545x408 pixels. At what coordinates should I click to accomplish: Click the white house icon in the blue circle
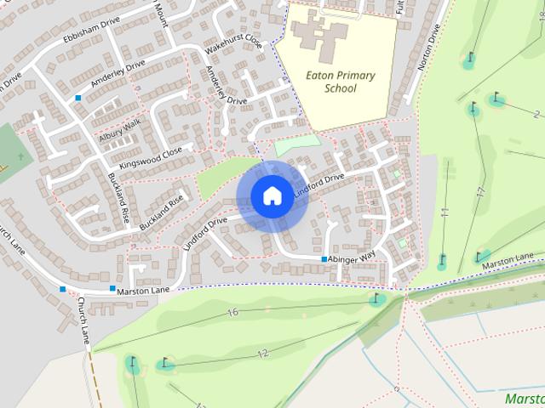tap(272, 195)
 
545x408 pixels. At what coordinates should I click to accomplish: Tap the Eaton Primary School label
tap(339, 82)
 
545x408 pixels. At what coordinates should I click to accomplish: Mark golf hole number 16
tap(232, 313)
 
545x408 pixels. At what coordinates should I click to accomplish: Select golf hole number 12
tap(262, 353)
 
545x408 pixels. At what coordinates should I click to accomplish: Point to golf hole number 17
tap(481, 193)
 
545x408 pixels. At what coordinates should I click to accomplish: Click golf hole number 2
tap(536, 114)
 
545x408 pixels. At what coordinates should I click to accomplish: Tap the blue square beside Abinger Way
tap(324, 259)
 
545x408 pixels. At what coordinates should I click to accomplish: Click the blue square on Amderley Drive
tap(78, 99)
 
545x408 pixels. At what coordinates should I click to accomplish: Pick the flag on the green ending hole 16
tap(375, 297)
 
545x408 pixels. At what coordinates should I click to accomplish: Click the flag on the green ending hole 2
tap(496, 99)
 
